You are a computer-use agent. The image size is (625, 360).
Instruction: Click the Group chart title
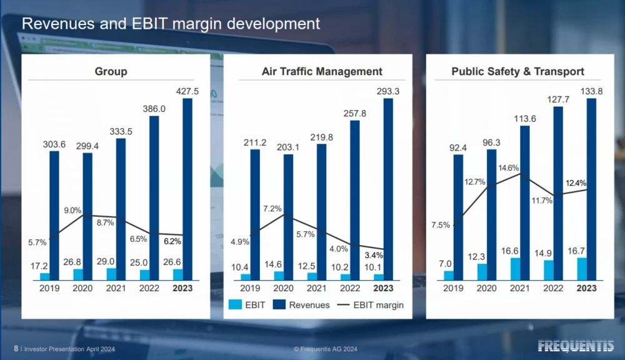click(111, 71)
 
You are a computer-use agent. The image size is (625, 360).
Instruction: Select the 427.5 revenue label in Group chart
click(187, 91)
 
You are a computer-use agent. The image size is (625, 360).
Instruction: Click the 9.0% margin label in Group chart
click(72, 211)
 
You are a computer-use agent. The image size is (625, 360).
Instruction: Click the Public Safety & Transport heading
click(518, 71)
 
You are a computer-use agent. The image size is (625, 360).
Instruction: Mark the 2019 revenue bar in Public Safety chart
click(458, 216)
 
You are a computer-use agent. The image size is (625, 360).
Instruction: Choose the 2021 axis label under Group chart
click(116, 288)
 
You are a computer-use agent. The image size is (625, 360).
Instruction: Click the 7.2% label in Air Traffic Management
click(273, 208)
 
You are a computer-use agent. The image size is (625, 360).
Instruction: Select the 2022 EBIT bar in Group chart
click(144, 274)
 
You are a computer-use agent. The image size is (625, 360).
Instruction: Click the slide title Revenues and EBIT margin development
click(171, 24)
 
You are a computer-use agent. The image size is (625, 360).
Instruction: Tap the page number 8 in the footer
click(16, 348)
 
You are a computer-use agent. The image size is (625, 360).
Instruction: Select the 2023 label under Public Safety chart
click(586, 288)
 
